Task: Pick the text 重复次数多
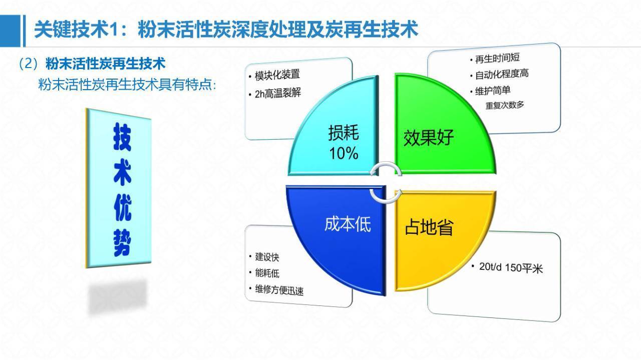pos(505,105)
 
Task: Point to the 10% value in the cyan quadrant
pos(344,153)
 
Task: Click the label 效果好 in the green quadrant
pos(428,138)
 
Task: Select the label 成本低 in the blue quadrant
pos(348,224)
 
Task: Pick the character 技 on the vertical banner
pos(123,137)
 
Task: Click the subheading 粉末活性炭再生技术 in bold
pos(105,64)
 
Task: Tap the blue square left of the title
pos(11,31)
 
